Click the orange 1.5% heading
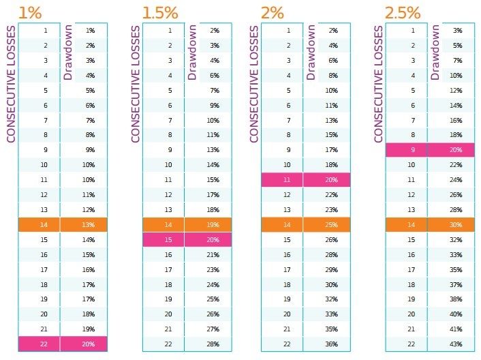(159, 12)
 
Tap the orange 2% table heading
(274, 12)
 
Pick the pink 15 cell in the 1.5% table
(170, 239)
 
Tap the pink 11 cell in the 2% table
(288, 180)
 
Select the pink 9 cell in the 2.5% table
(412, 150)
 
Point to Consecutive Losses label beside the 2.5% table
(379, 84)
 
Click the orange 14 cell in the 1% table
(45, 224)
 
